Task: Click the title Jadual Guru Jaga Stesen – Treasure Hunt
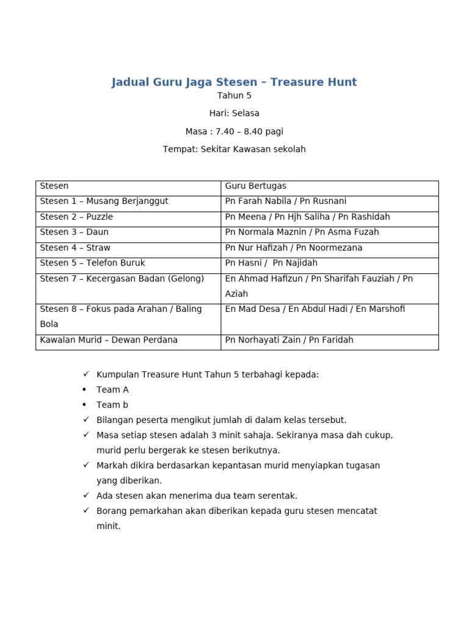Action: pos(234,82)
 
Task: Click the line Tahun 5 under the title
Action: pos(234,96)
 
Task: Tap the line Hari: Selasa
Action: pos(234,114)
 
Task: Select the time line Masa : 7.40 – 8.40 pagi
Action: pos(234,131)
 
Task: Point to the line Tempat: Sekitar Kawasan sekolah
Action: pos(234,149)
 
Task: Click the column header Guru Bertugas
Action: pos(256,186)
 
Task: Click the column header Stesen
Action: pos(54,186)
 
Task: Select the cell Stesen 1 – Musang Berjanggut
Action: pos(104,201)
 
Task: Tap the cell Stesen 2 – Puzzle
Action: pos(76,217)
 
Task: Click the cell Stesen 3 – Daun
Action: pos(74,232)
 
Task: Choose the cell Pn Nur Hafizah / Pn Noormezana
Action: pos(294,248)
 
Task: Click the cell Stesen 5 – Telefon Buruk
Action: pos(92,263)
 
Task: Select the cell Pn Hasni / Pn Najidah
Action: pos(271,263)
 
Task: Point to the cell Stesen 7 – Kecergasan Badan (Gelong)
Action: pos(122,279)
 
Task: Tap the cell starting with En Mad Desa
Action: pos(315,309)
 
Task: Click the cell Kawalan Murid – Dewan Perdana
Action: pos(109,340)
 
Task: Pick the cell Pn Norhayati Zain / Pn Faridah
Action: pos(289,340)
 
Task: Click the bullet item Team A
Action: pos(112,389)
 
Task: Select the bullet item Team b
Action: pos(112,405)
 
